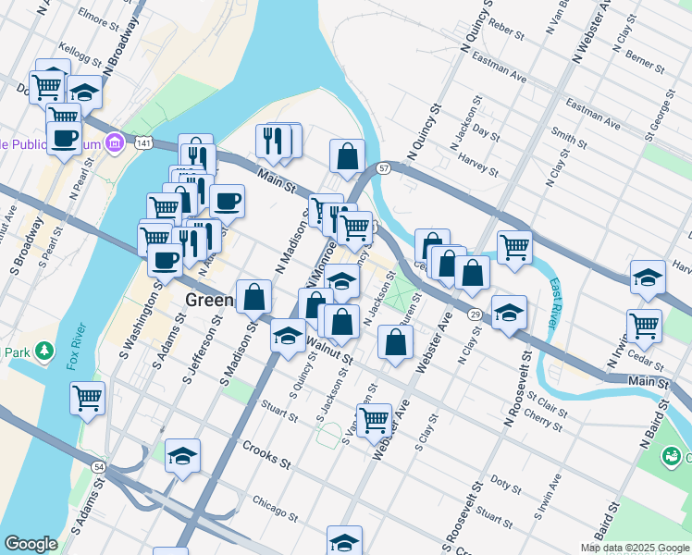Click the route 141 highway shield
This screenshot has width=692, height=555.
click(142, 143)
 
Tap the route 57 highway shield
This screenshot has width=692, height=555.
click(383, 167)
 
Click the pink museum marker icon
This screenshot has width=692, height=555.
click(115, 143)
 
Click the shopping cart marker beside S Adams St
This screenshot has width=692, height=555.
click(87, 399)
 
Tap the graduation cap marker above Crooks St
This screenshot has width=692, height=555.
click(183, 454)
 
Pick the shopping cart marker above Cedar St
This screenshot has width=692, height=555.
click(644, 325)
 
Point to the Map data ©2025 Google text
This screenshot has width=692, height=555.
click(634, 548)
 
